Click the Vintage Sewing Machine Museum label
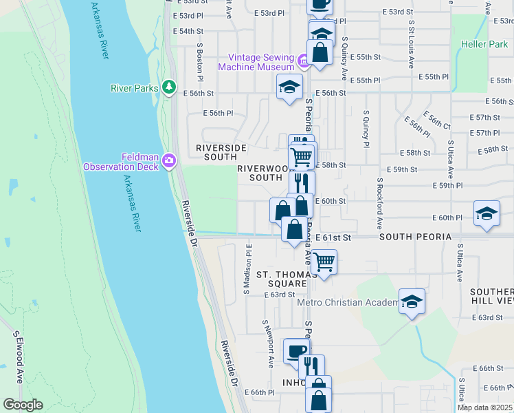coord(261,62)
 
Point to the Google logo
coord(23,405)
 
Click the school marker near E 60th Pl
coord(486,213)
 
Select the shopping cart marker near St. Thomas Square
coord(323,262)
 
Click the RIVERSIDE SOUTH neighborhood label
coord(221,152)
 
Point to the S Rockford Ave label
coord(379,204)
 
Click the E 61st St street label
coord(333,237)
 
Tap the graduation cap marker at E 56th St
coord(289,87)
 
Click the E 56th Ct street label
coord(437,121)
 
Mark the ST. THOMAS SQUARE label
coord(281,279)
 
